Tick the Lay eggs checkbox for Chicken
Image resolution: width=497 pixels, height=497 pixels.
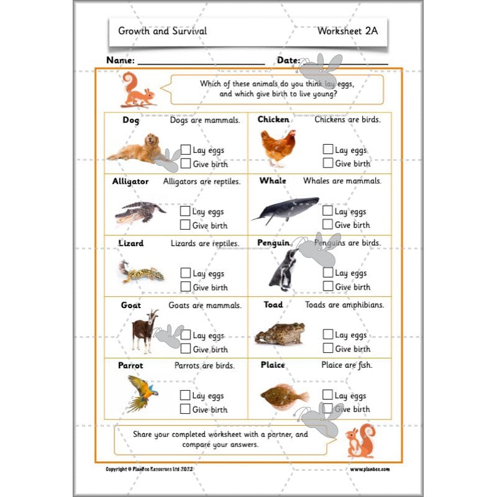pos(328,149)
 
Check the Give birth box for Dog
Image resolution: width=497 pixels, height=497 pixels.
pos(185,164)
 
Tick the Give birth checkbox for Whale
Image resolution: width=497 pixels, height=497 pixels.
pos(328,224)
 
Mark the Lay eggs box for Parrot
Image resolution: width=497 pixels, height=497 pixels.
pos(185,395)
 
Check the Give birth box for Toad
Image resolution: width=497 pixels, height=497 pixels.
pos(328,349)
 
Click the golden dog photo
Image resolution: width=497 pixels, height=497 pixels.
pos(135,148)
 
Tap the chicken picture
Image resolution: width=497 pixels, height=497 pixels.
pos(278,147)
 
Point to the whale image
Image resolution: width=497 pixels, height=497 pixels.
pos(286,210)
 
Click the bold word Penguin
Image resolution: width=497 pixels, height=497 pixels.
pos(273,243)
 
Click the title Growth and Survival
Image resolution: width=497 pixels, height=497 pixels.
pos(163,30)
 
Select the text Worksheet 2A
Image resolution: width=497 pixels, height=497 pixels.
pos(347,30)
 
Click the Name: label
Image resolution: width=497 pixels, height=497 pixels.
pos(121,60)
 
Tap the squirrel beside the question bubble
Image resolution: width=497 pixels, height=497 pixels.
pos(137,89)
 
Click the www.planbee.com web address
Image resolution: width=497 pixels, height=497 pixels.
pos(370,470)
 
